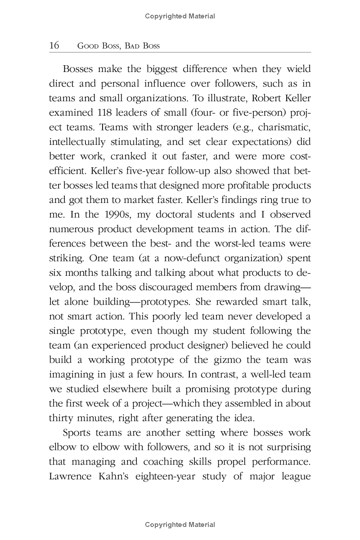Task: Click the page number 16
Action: click(x=54, y=45)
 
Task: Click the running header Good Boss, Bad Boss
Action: click(x=119, y=46)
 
